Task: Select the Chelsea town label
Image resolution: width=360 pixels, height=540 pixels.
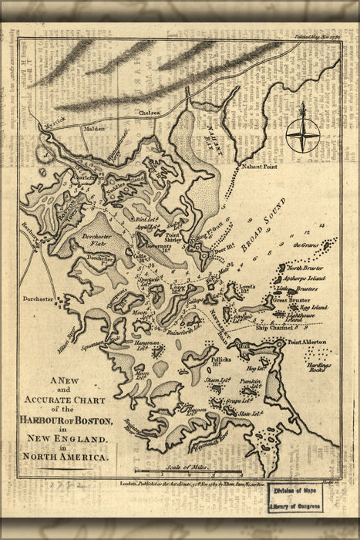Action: (149, 112)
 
